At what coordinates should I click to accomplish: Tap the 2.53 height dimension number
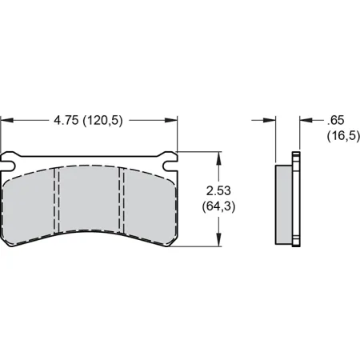[218, 193]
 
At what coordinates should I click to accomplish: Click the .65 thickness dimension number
[335, 121]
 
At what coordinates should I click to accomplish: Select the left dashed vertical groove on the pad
[56, 200]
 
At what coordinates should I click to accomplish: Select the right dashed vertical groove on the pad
[121, 200]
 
